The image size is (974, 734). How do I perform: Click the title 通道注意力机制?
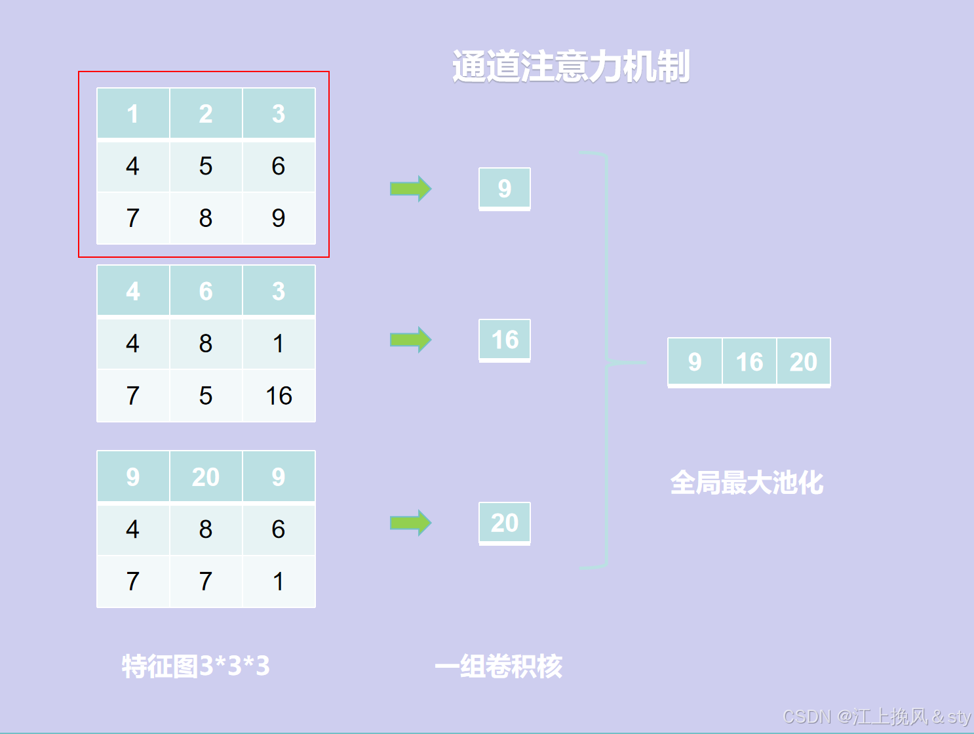pyautogui.click(x=570, y=67)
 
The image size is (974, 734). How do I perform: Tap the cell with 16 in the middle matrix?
pyautogui.click(x=279, y=396)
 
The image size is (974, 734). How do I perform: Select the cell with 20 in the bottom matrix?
pyautogui.click(x=206, y=477)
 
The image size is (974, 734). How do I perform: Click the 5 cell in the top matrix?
pyautogui.click(x=206, y=166)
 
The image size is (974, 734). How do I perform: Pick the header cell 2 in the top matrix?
pyautogui.click(x=206, y=113)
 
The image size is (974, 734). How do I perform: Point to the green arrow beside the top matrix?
pyautogui.click(x=410, y=189)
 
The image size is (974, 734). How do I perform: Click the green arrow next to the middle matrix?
pyautogui.click(x=410, y=340)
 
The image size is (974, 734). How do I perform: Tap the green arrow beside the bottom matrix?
pyautogui.click(x=410, y=523)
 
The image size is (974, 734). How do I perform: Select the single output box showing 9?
pyautogui.click(x=504, y=188)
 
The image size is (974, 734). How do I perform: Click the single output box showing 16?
pyautogui.click(x=504, y=340)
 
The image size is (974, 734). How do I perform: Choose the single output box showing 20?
pyautogui.click(x=504, y=523)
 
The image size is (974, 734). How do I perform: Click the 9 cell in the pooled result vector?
pyautogui.click(x=695, y=361)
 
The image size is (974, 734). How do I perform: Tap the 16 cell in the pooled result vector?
pyautogui.click(x=749, y=361)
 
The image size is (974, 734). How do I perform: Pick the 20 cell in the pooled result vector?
pyautogui.click(x=804, y=361)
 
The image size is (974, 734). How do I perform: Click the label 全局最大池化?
pyautogui.click(x=747, y=483)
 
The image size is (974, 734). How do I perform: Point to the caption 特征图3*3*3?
pyautogui.click(x=195, y=666)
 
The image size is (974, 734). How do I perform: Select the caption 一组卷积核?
pyautogui.click(x=498, y=666)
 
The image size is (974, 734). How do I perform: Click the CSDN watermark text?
pyautogui.click(x=876, y=716)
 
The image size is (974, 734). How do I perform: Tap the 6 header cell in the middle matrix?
pyautogui.click(x=206, y=291)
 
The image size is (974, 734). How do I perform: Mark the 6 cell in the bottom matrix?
pyautogui.click(x=279, y=529)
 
